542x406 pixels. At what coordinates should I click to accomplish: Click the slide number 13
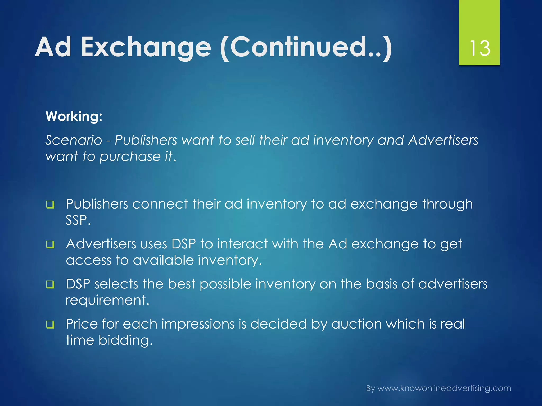point(479,48)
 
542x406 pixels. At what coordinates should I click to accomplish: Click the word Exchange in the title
point(146,47)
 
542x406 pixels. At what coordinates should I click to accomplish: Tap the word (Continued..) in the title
point(306,48)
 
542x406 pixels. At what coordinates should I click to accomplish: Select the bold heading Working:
point(74,116)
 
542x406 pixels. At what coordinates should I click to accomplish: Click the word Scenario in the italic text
point(74,140)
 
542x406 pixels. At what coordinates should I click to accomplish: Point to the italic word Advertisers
point(443,140)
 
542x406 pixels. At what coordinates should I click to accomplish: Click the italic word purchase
point(130,157)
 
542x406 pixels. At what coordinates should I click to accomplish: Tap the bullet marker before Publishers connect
point(50,205)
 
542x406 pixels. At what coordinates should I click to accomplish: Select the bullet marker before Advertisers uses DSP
point(50,244)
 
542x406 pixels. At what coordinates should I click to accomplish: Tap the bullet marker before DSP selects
point(50,284)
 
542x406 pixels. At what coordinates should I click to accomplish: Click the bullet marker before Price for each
point(50,324)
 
